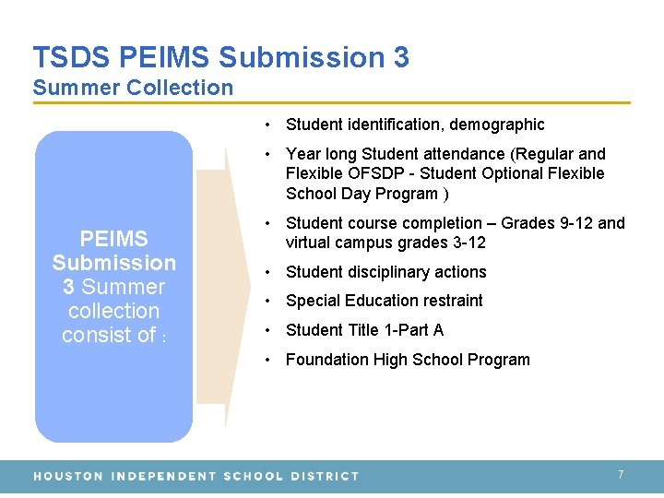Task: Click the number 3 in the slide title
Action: pos(400,57)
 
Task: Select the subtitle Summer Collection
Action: pos(133,89)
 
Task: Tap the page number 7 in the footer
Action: pos(621,474)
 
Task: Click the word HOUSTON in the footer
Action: pos(68,476)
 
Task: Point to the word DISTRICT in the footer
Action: pos(324,476)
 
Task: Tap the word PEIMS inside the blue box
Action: pos(113,239)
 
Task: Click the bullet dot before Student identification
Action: pos(265,125)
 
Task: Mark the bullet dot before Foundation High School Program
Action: pos(265,360)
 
